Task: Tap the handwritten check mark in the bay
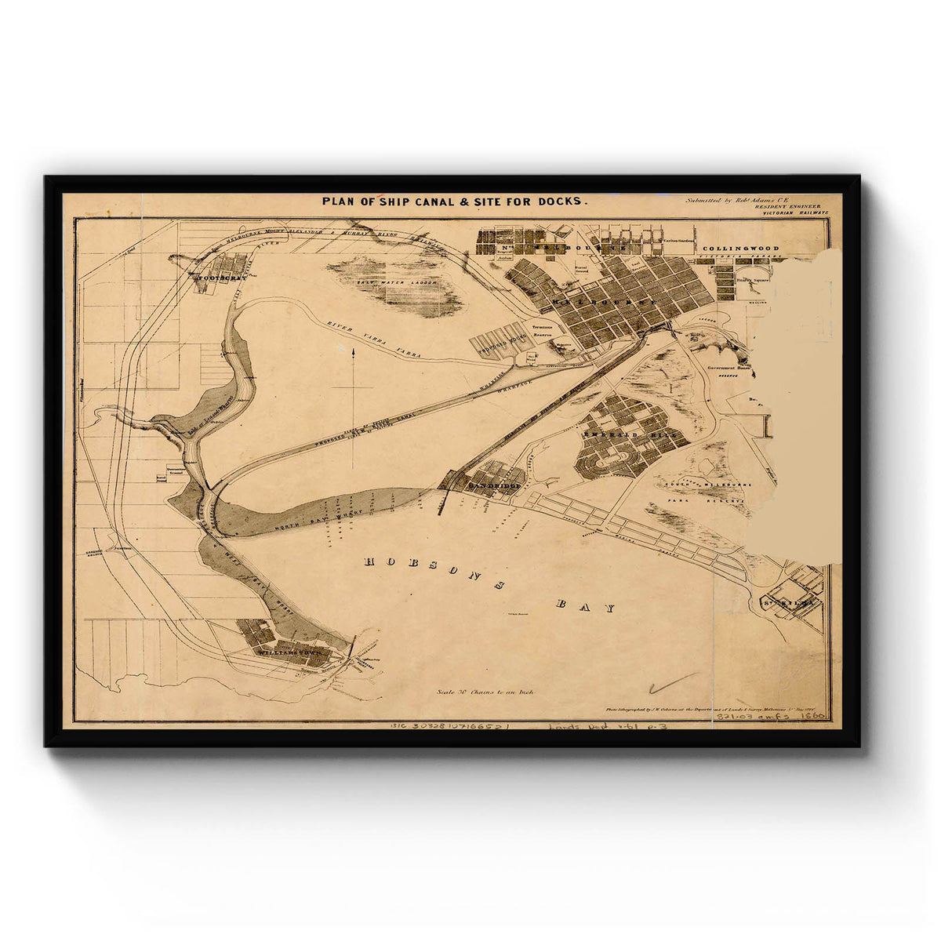click(670, 684)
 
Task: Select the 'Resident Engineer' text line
click(788, 205)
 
